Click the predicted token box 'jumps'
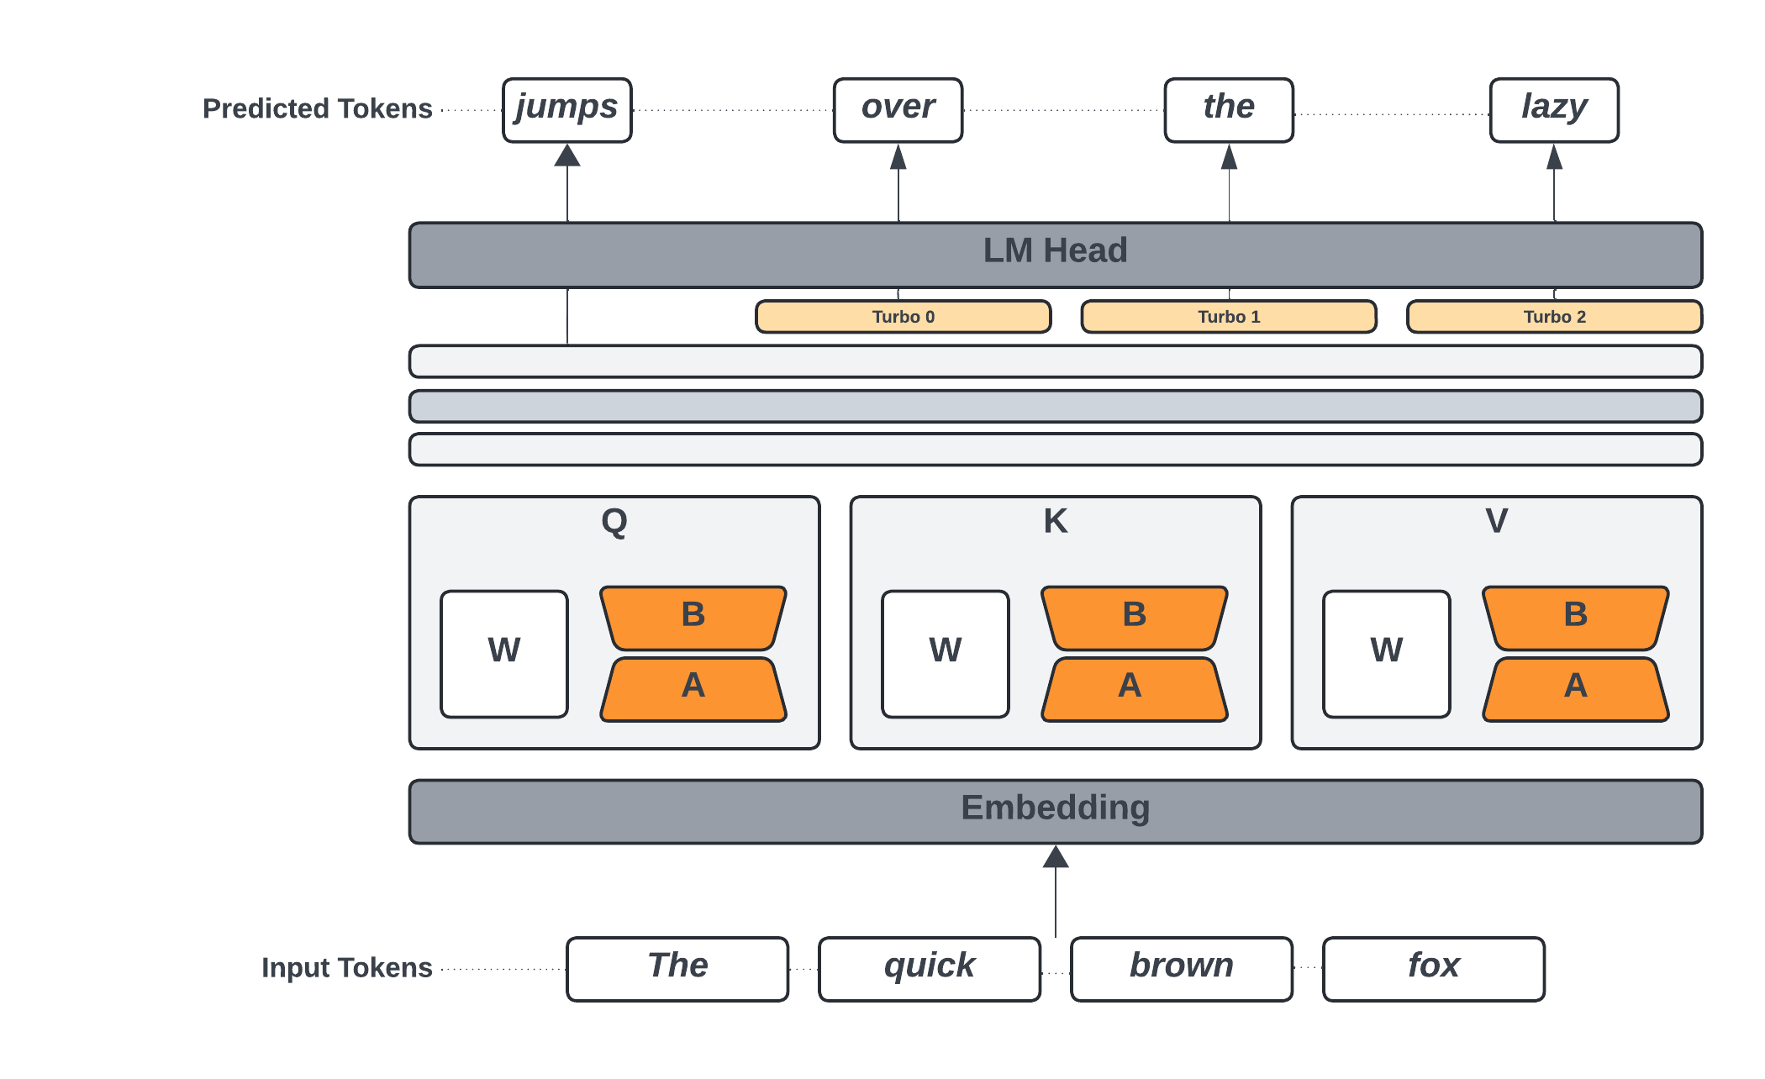567,110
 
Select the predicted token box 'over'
898,110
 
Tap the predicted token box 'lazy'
1554,110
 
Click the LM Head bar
1056,255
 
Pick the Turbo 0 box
904,317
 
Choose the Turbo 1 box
1229,317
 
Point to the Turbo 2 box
1554,317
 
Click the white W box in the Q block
504,654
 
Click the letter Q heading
614,522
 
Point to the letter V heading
1497,521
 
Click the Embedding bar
1056,811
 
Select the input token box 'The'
677,969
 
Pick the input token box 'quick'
930,969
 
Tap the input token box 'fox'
1434,969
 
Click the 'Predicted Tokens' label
318,109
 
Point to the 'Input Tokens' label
346,968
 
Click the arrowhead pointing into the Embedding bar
1056,857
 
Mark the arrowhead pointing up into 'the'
1229,157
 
